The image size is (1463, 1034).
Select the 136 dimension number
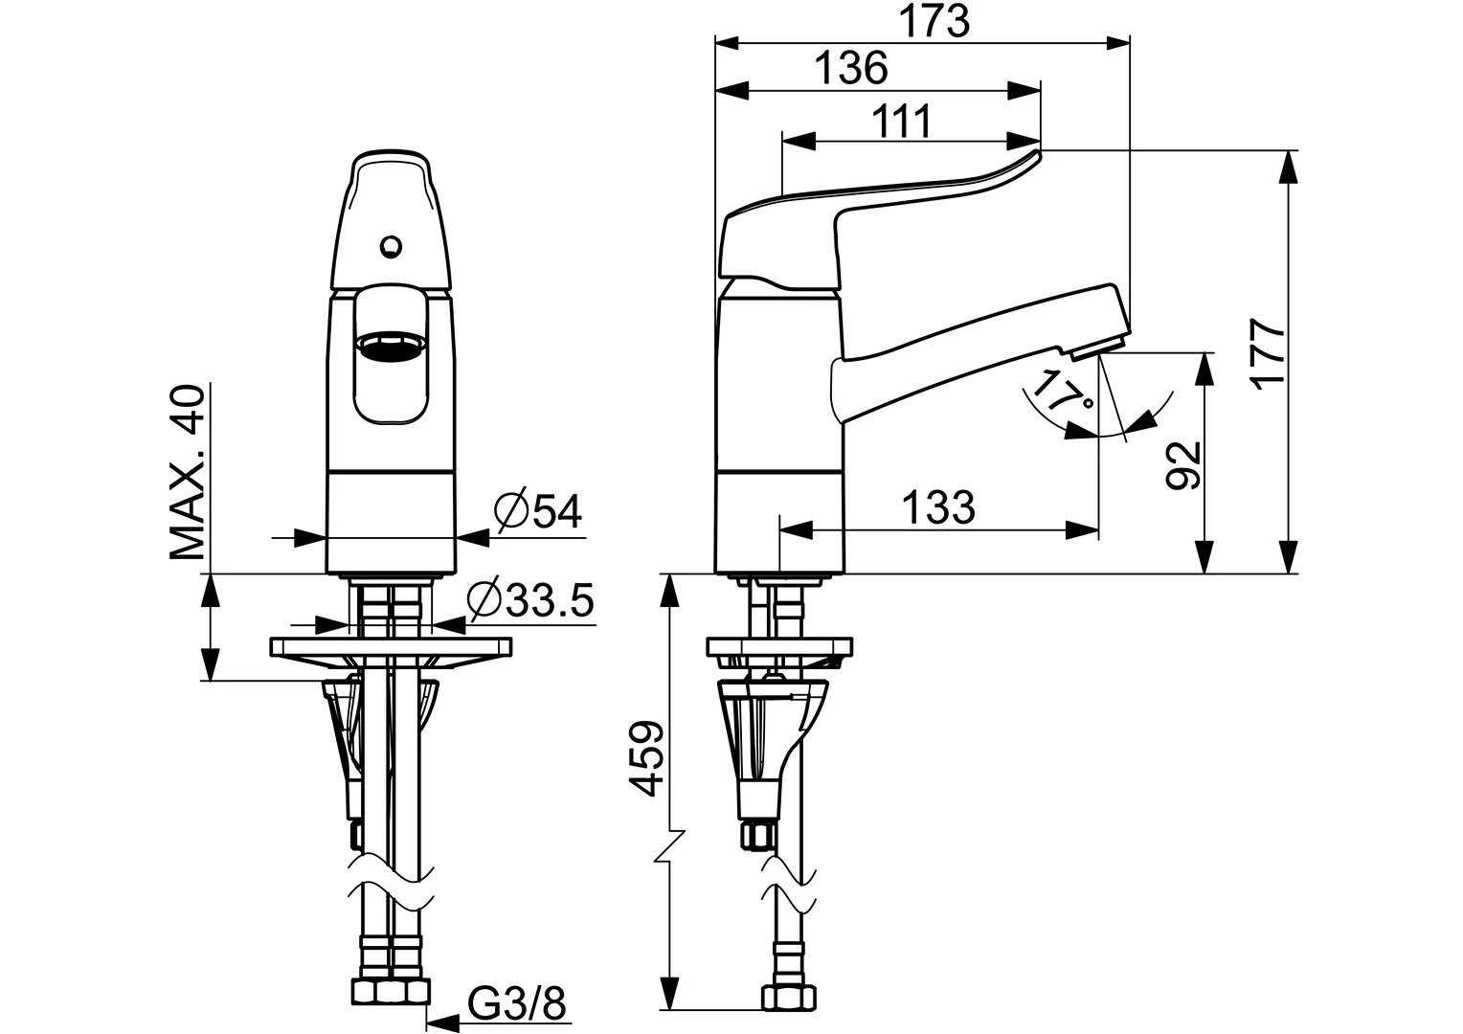tap(850, 68)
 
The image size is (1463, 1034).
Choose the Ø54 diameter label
tap(538, 511)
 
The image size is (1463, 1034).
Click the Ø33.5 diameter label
tap(530, 600)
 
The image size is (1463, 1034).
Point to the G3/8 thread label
tap(517, 1004)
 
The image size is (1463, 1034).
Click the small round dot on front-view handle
tap(389, 248)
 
